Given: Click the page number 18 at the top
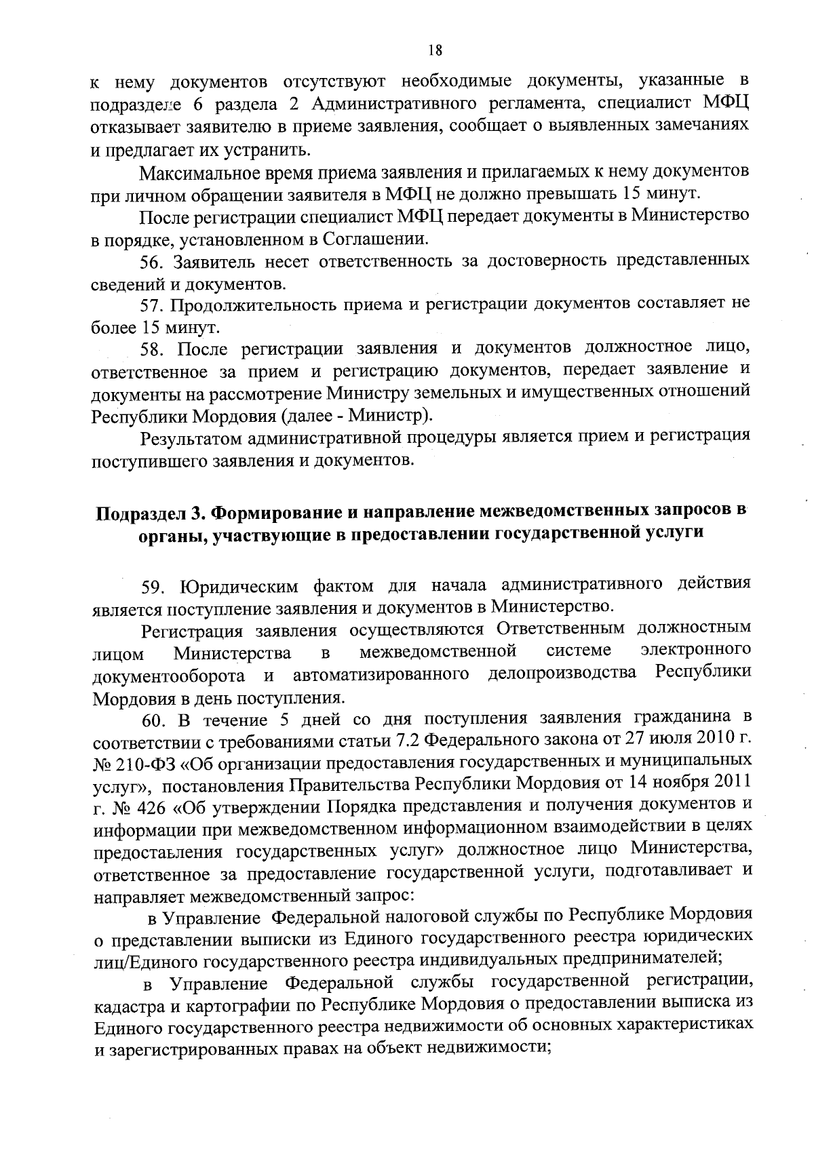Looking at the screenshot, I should click(435, 50).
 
